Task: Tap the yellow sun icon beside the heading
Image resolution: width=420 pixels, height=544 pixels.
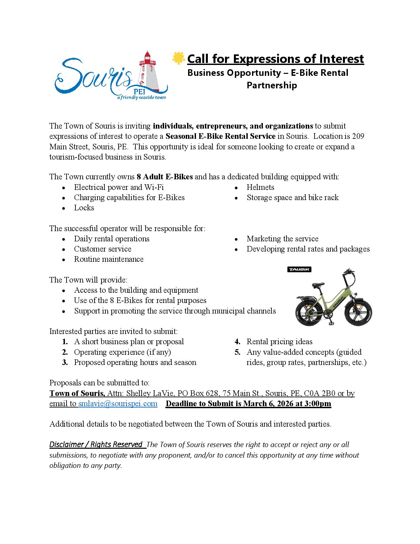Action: pyautogui.click(x=178, y=58)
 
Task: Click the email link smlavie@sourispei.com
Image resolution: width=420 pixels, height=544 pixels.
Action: pyautogui.click(x=118, y=404)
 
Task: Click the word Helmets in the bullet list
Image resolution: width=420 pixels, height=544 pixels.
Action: pyautogui.click(x=260, y=187)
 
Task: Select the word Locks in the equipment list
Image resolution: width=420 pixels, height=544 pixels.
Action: pyautogui.click(x=84, y=208)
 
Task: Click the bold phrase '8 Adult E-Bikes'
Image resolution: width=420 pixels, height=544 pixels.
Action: pyautogui.click(x=165, y=177)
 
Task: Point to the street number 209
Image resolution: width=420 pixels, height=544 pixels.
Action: pyautogui.click(x=358, y=136)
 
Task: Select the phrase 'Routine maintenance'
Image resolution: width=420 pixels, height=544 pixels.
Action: pyautogui.click(x=109, y=259)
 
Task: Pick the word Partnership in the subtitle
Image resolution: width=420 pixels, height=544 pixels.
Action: pyautogui.click(x=272, y=85)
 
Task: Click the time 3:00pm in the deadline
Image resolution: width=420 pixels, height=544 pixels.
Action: pyautogui.click(x=318, y=404)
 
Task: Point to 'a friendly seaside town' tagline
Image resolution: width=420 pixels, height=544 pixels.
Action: pyautogui.click(x=142, y=98)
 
